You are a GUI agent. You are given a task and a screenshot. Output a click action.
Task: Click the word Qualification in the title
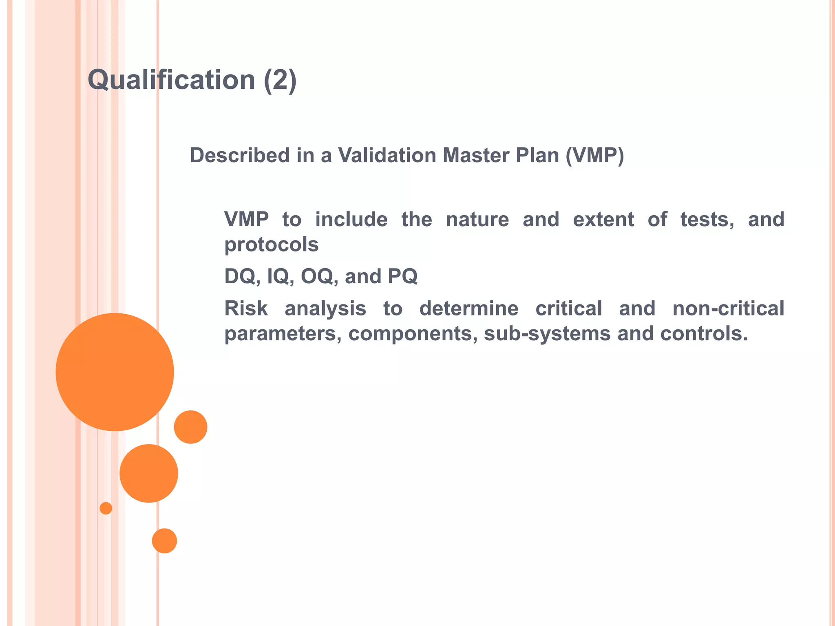tap(171, 80)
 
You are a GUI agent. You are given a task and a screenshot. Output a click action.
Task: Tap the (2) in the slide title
tap(280, 80)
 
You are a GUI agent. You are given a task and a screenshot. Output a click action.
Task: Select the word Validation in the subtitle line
tap(387, 155)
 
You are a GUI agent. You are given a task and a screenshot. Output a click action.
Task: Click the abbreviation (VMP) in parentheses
tap(594, 155)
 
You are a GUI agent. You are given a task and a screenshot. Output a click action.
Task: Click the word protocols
tap(272, 245)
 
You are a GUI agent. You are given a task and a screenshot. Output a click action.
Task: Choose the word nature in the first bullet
tap(477, 220)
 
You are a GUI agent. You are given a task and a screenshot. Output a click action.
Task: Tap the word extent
tap(603, 220)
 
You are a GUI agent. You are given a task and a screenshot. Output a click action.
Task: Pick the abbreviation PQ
tap(402, 276)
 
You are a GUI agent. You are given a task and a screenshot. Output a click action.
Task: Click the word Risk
tap(246, 309)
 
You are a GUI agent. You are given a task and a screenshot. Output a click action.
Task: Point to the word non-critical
tap(728, 309)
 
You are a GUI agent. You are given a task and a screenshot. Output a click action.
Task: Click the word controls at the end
tap(704, 334)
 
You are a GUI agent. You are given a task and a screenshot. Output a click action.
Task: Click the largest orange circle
tap(115, 372)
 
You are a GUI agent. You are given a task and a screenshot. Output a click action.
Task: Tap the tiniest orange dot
tap(106, 508)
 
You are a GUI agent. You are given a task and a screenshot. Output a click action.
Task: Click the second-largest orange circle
tap(149, 473)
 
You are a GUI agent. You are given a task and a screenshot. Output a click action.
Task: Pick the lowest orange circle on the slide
tap(164, 541)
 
